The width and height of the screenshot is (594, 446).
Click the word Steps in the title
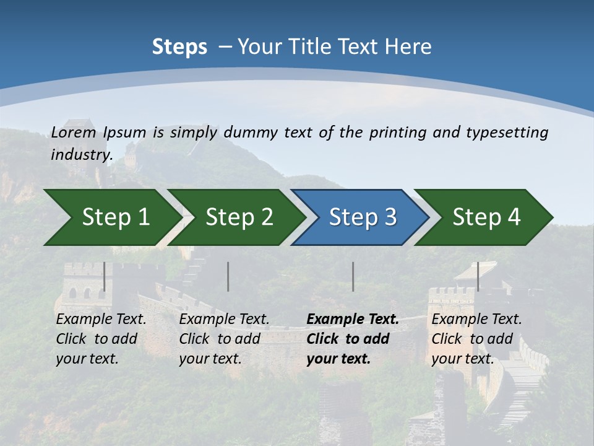click(x=179, y=47)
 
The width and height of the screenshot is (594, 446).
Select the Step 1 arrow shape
click(x=111, y=217)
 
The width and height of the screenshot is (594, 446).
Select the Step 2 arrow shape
click(x=238, y=217)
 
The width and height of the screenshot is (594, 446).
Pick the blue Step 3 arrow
click(x=361, y=217)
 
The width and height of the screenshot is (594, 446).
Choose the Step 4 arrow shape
click(x=485, y=217)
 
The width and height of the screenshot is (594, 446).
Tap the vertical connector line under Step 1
click(x=105, y=276)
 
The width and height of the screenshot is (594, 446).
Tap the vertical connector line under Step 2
click(x=228, y=276)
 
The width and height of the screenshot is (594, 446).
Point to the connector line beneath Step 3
click(x=353, y=276)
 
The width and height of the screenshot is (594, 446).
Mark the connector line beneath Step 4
click(x=478, y=276)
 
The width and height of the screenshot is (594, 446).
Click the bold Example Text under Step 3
click(x=353, y=320)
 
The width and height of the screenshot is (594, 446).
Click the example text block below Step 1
click(x=100, y=339)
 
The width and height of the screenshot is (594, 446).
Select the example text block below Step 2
click(x=223, y=339)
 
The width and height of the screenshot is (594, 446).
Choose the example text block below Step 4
click(x=476, y=339)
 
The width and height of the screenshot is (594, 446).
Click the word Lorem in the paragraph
click(x=74, y=133)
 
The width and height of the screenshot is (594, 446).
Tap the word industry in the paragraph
click(x=81, y=155)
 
